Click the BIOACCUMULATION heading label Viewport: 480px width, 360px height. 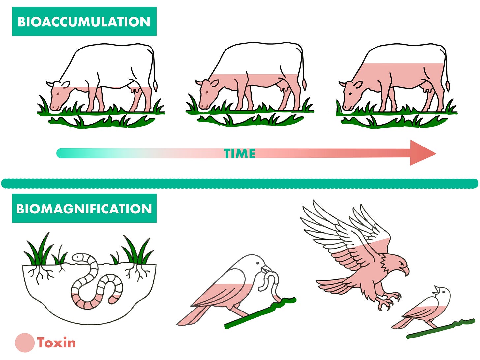84,21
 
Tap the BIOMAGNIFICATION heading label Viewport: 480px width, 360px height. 84,209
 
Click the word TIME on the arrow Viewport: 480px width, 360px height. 240,154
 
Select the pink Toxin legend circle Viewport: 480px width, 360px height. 25,343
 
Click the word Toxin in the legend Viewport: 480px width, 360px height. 56,343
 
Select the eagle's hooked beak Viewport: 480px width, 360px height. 405,269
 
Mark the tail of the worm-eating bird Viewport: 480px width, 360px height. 191,315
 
